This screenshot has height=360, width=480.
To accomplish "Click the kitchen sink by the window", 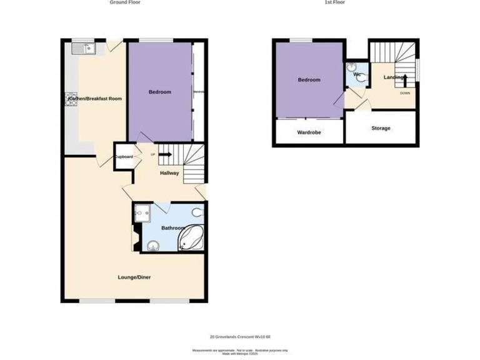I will point(83,48).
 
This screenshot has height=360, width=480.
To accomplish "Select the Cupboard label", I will point(123,156).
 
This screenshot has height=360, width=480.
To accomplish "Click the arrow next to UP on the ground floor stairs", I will point(165,154).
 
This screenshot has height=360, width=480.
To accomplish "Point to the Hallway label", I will point(169,173).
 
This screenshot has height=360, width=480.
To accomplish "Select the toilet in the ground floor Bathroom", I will point(198,211).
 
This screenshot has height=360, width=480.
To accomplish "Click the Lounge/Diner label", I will point(134,277).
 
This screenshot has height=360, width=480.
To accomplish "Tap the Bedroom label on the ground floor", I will point(159,92).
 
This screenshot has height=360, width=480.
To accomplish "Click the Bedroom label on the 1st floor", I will point(309,80).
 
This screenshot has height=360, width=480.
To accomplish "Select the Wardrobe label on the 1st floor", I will point(309,132).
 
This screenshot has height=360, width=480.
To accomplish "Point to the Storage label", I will point(381,128).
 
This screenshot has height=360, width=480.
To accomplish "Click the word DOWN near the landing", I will point(405,93).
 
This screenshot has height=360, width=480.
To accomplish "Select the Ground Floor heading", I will point(125,2).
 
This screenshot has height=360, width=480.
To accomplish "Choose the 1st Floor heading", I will point(335,2).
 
